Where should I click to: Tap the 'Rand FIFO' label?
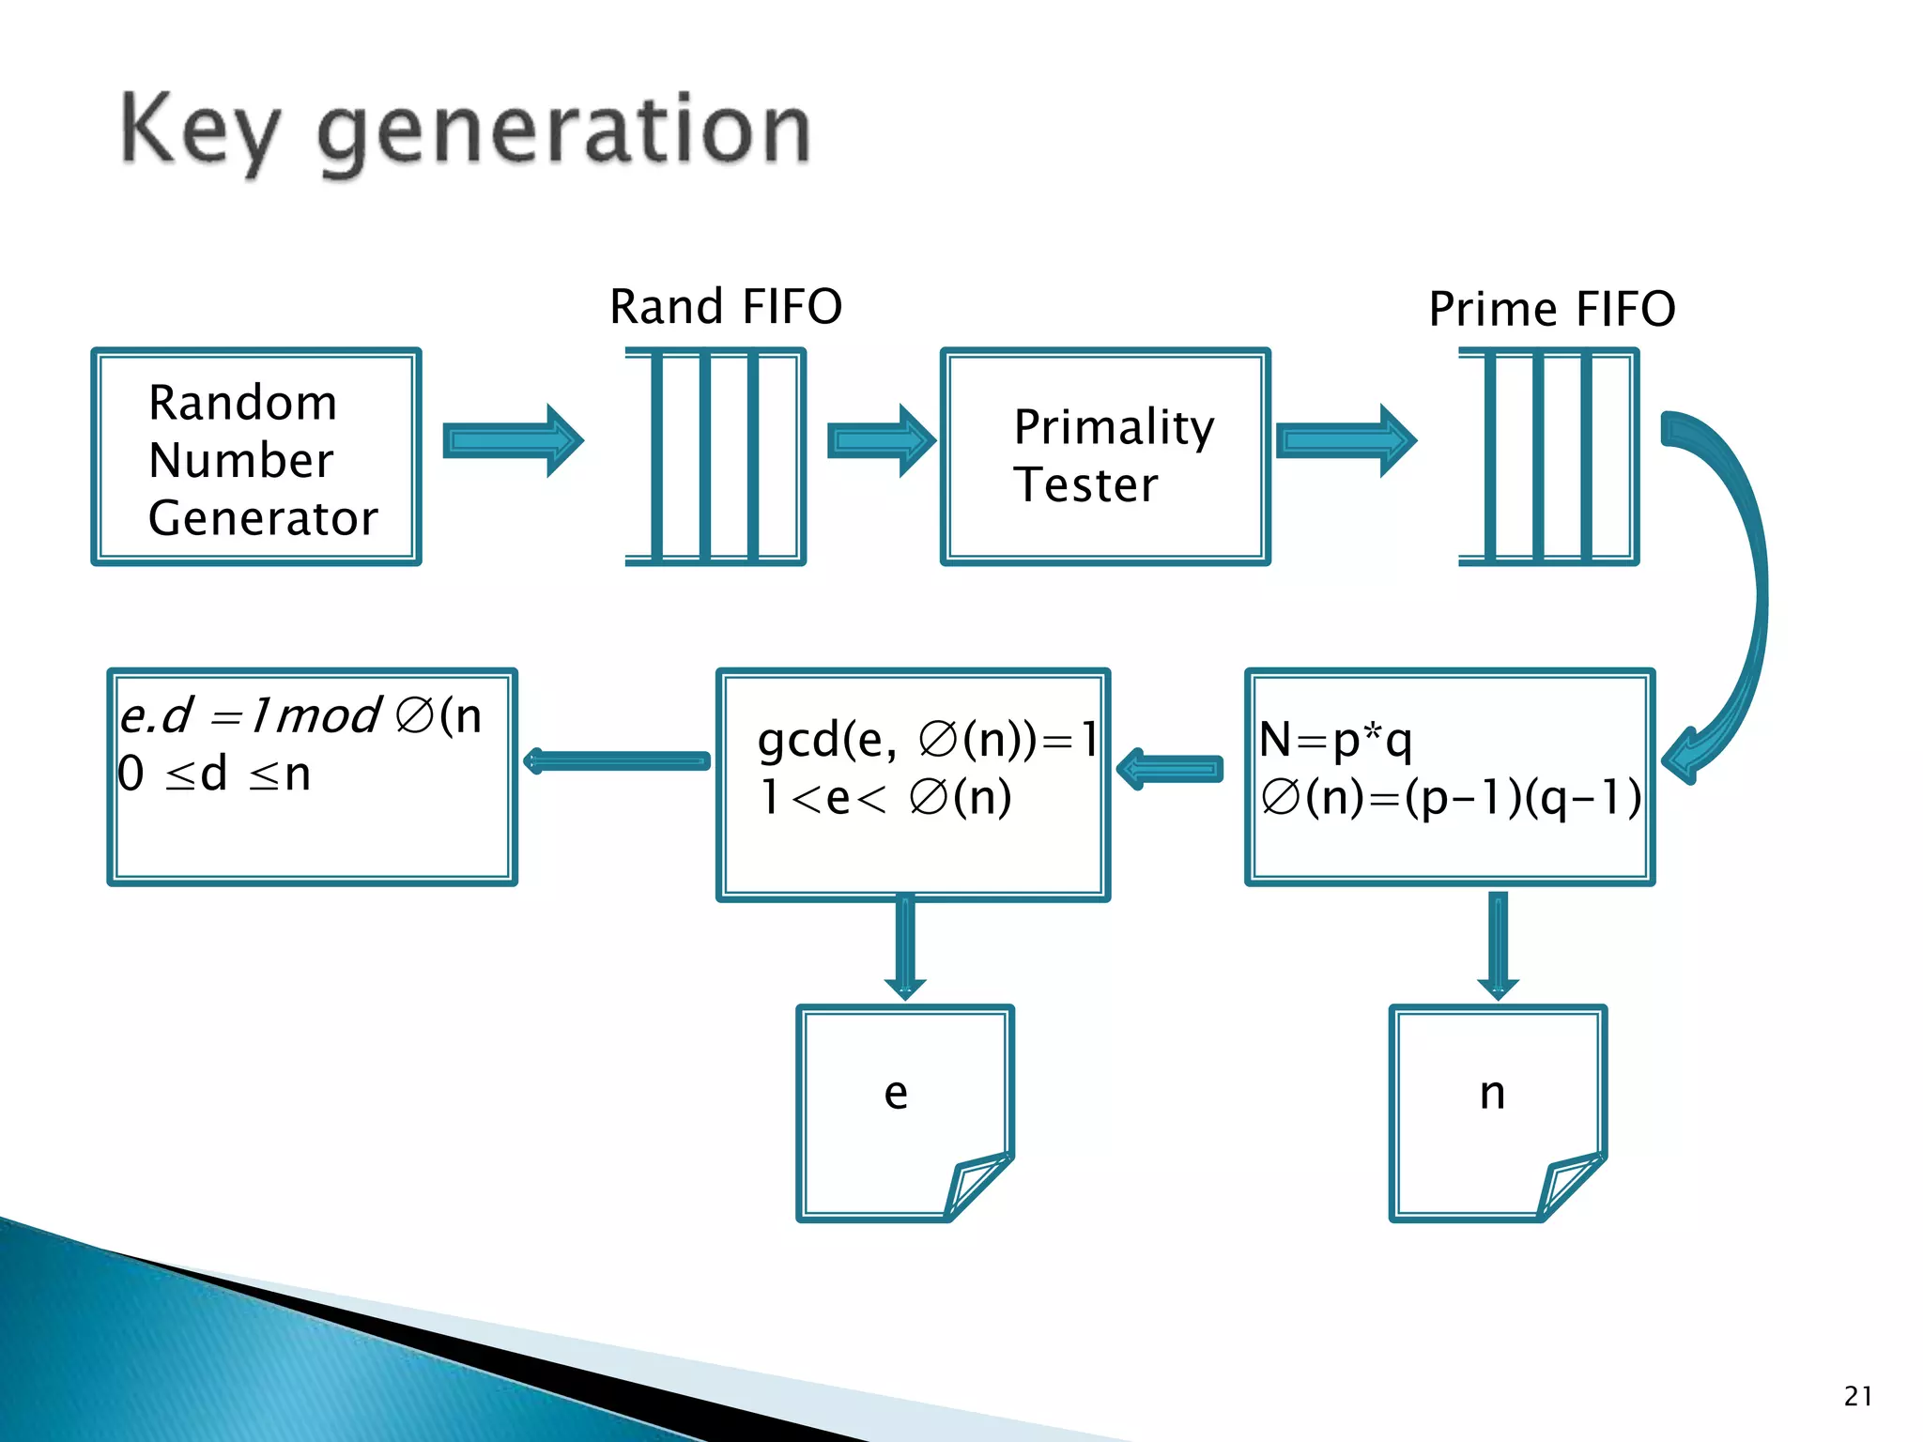[x=726, y=307]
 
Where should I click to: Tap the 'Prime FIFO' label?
[x=1551, y=309]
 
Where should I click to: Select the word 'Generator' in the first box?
[x=263, y=518]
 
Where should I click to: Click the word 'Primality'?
[x=1114, y=428]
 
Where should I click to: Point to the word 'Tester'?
[x=1085, y=485]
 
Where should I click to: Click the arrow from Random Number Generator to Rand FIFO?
[x=513, y=440]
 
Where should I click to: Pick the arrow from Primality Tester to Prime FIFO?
[x=1346, y=440]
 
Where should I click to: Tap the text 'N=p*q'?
[x=1335, y=740]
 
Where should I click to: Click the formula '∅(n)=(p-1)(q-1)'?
[x=1451, y=798]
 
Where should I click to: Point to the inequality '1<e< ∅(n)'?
[x=885, y=798]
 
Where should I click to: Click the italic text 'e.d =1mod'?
[x=250, y=716]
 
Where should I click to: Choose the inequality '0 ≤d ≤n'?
[x=214, y=775]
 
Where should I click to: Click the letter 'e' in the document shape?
[x=896, y=1094]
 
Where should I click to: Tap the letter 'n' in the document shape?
[x=1492, y=1094]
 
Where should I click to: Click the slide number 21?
[x=1857, y=1396]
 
